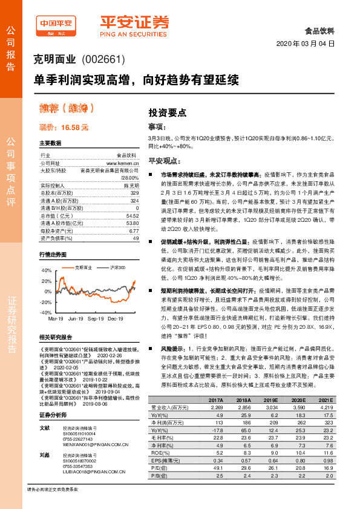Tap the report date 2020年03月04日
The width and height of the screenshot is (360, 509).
(304, 44)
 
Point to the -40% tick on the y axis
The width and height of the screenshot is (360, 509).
(46, 313)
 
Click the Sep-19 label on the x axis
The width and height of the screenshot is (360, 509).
(96, 317)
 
